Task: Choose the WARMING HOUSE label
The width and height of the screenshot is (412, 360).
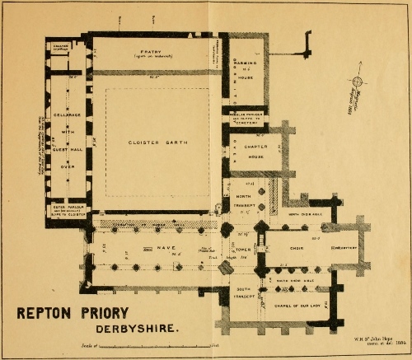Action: pos(248,62)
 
